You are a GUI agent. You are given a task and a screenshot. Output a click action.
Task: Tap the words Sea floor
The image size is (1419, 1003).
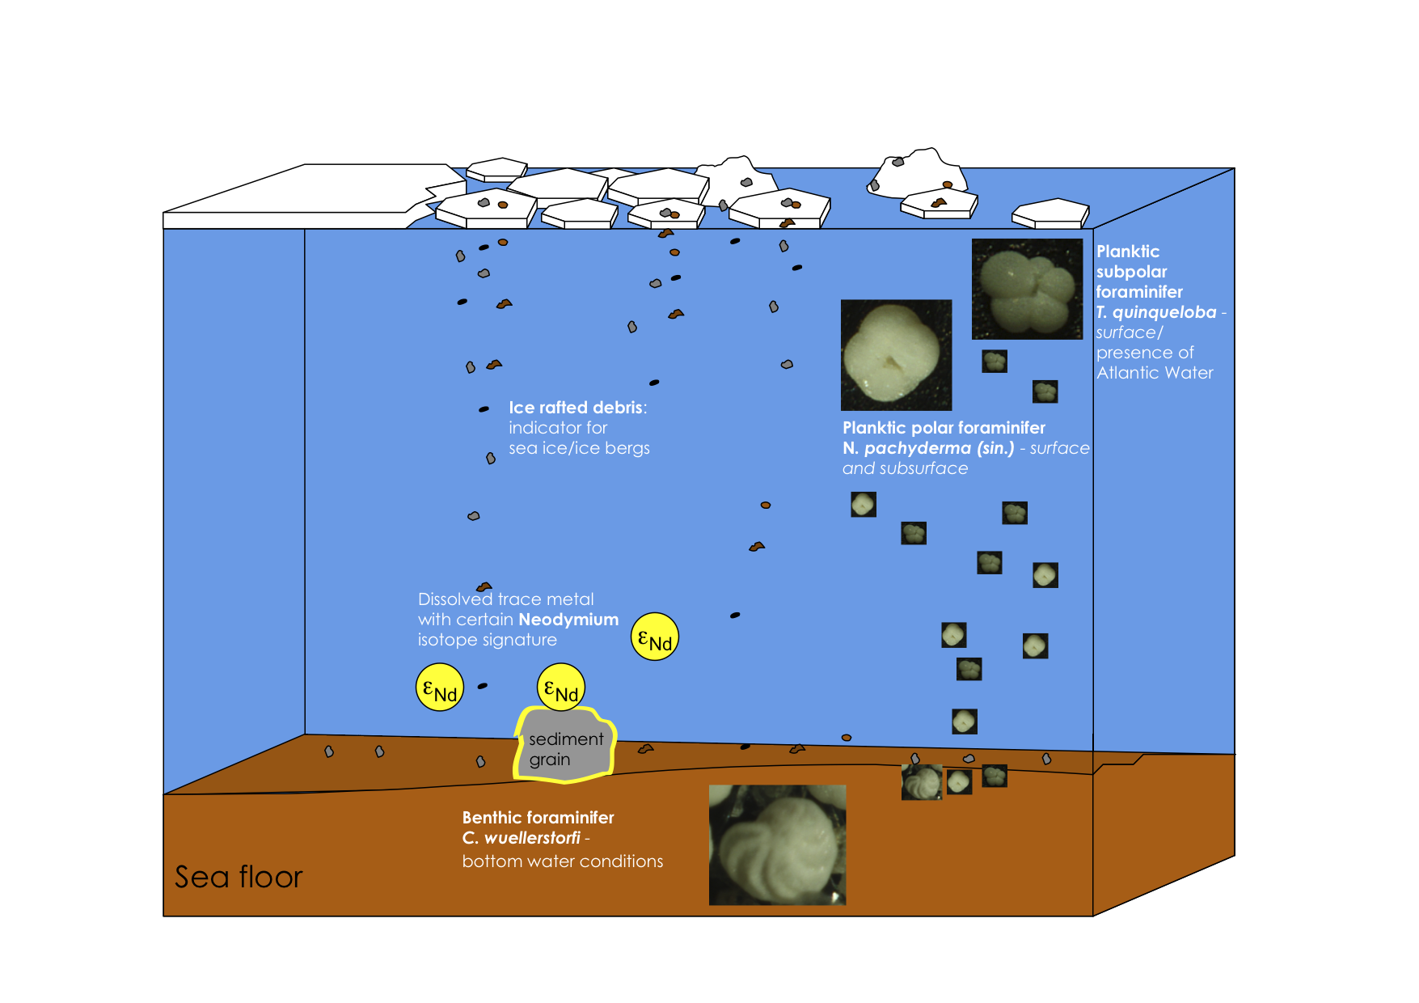239,877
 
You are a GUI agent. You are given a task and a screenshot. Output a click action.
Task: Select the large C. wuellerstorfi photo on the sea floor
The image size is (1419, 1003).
777,844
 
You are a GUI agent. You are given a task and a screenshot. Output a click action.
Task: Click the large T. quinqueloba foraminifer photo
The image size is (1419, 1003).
1027,289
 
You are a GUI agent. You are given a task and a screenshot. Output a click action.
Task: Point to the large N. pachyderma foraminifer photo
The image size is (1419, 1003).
896,354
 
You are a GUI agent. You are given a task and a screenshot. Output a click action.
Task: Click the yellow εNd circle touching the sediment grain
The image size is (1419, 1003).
561,688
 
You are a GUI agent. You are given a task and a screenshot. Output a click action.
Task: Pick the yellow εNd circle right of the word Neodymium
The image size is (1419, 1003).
654,637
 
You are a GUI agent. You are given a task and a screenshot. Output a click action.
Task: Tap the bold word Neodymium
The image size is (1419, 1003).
568,620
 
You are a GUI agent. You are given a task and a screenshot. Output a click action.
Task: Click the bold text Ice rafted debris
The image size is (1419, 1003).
576,408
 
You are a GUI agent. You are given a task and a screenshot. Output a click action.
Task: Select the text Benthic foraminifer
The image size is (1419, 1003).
538,818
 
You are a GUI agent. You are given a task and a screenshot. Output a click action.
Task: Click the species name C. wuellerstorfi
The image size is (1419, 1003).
522,838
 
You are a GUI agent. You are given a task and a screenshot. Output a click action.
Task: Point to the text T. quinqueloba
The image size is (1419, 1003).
1156,312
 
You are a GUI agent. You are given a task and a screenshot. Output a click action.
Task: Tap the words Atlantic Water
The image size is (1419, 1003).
1155,373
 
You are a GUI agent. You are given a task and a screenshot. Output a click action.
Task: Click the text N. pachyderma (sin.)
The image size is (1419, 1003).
928,448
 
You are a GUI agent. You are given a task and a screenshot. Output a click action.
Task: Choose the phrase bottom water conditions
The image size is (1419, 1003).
562,861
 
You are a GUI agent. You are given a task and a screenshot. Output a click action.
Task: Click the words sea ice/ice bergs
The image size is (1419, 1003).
579,448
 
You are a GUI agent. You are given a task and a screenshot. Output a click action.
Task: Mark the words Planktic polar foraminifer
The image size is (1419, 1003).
944,428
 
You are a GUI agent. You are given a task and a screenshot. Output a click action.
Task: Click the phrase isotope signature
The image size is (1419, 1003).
487,640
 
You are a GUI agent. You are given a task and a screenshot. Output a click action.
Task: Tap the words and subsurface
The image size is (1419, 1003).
905,468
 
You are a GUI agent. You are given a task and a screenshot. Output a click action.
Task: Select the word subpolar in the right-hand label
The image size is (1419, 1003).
1131,272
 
